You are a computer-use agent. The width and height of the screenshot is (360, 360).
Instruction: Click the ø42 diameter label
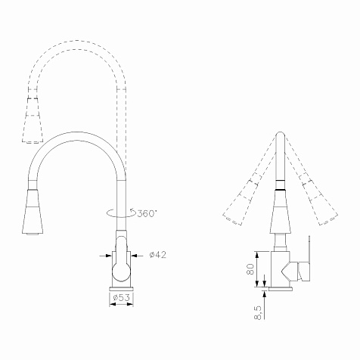point(158,255)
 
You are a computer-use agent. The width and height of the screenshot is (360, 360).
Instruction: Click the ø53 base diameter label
point(121,297)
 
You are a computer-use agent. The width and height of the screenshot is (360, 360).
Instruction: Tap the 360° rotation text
point(147,213)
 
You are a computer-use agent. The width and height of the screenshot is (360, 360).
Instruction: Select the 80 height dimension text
point(250,269)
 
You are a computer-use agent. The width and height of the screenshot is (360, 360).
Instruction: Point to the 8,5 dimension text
point(258,313)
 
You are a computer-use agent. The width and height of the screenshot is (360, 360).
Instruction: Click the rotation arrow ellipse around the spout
point(121,213)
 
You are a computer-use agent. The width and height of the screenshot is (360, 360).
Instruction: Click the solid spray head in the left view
point(33,212)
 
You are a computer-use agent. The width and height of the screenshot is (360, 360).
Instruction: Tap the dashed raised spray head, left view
point(33,120)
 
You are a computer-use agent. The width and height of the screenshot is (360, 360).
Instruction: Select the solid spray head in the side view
point(281,211)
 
